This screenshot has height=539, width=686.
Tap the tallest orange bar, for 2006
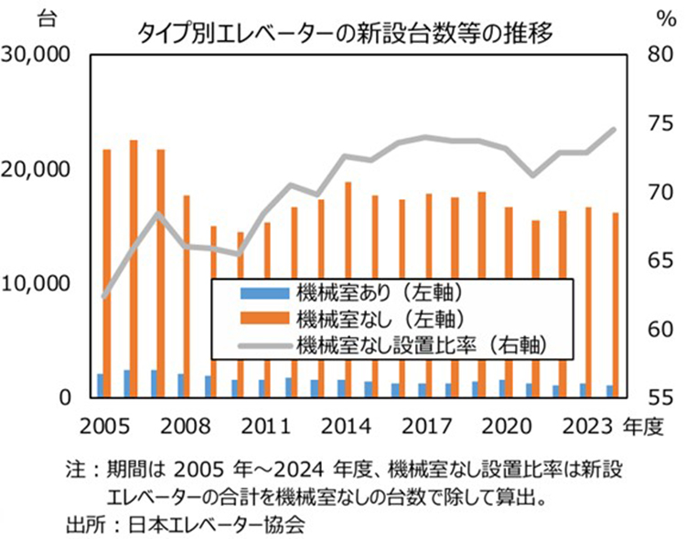tap(134, 268)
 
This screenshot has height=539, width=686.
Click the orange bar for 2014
tap(348, 289)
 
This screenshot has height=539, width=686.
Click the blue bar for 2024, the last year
tap(608, 391)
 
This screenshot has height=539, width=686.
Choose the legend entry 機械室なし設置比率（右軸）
tap(421, 344)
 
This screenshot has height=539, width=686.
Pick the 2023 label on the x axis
tap(588, 427)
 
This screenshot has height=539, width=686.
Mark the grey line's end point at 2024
tap(614, 130)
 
